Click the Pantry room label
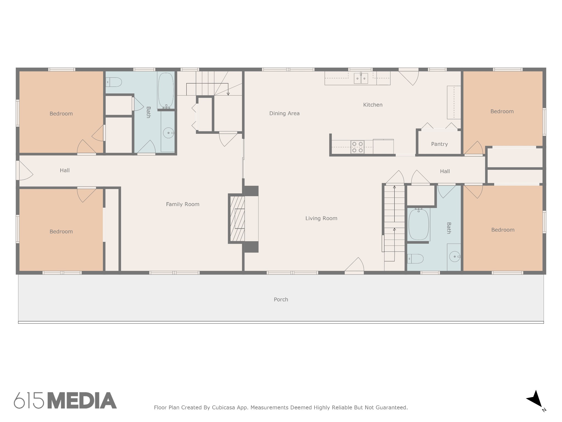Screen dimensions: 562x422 tap(439, 144)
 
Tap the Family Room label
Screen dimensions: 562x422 tap(182, 204)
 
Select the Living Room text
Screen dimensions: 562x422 tap(321, 218)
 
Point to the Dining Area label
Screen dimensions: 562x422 tap(284, 113)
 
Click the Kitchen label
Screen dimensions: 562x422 tap(373, 105)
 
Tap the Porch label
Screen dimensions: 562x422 tap(281, 299)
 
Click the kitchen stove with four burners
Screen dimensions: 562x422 tap(358, 147)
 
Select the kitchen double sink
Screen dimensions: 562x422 tap(361, 78)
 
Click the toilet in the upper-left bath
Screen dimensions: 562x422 tap(114, 82)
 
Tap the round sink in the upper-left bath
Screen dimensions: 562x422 tap(168, 133)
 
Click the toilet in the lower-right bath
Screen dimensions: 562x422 tap(415, 259)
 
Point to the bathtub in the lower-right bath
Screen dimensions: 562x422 tap(419, 224)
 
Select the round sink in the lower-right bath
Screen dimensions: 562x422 tap(455, 257)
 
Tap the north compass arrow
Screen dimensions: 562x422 tap(535, 399)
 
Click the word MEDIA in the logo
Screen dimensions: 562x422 tap(82, 401)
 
